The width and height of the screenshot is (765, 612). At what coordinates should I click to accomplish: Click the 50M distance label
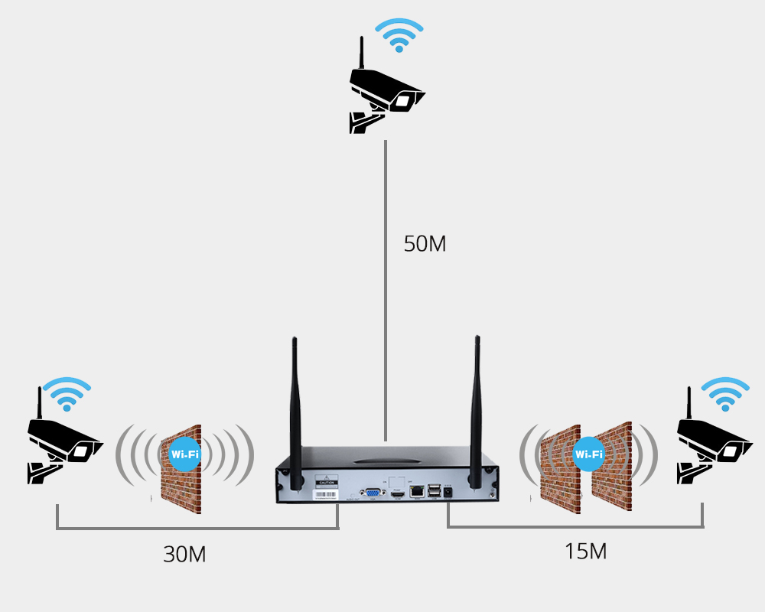(425, 244)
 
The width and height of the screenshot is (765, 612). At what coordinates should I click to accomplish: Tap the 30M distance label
(184, 554)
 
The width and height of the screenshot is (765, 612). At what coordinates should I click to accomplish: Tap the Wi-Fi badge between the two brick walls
(588, 454)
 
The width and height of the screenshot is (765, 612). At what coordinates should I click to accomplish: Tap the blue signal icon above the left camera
(66, 395)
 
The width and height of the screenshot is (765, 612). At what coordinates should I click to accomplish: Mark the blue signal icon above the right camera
(725, 395)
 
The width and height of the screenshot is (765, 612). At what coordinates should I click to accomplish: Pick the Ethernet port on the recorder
(417, 491)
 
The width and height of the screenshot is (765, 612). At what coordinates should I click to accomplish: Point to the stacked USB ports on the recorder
(434, 492)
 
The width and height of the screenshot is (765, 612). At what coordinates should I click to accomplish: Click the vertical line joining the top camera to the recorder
(386, 291)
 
